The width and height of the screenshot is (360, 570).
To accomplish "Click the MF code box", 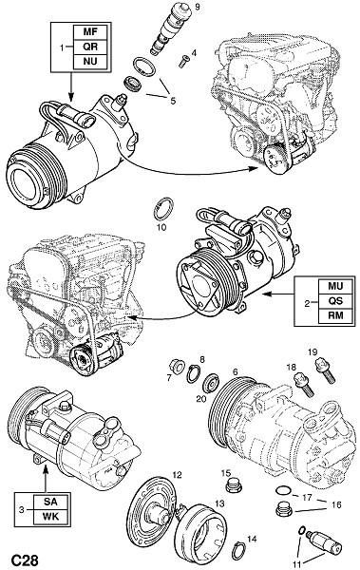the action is (x=90, y=32).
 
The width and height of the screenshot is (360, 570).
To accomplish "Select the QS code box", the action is (x=335, y=300).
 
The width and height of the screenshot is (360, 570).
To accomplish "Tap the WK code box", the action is (x=50, y=516).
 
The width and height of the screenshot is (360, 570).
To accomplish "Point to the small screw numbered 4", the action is (x=184, y=61).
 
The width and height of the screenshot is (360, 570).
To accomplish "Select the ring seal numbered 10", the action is (x=163, y=209).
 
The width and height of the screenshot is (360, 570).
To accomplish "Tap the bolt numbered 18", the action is (x=303, y=385).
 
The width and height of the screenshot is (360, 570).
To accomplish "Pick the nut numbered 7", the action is (x=178, y=366).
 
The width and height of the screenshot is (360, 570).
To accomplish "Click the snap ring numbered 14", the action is (x=239, y=550).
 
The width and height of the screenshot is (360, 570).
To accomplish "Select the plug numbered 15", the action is (x=233, y=485).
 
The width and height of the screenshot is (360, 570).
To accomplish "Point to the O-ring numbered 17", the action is (x=283, y=491).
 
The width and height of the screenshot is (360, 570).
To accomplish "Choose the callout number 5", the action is (x=173, y=101).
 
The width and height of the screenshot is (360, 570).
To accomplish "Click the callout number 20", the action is (x=201, y=399).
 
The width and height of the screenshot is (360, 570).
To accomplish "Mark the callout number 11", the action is (x=297, y=563).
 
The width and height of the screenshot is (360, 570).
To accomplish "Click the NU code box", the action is (x=90, y=61).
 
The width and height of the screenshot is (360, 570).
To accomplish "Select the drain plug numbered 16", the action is (x=284, y=509).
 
